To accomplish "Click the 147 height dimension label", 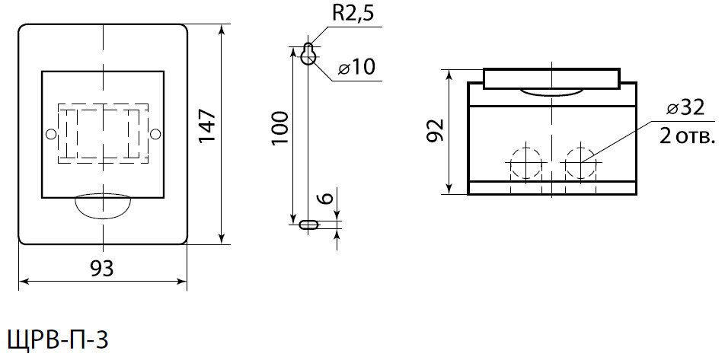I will (x=208, y=126).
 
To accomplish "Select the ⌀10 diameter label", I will (x=356, y=68).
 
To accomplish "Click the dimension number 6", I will (x=325, y=199).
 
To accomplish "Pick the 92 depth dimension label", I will (x=435, y=130).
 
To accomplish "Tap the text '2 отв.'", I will (x=687, y=138).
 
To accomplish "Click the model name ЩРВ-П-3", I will (x=58, y=339).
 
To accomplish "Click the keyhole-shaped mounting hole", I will (x=308, y=55).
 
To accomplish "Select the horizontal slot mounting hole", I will (x=308, y=225).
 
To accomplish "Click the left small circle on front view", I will (x=51, y=135).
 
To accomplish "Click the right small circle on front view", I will (x=155, y=135).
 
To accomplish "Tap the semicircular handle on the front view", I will (x=103, y=205).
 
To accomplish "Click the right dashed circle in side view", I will (x=580, y=161).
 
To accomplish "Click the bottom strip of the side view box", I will (x=552, y=188).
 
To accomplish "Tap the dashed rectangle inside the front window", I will (x=103, y=134).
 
